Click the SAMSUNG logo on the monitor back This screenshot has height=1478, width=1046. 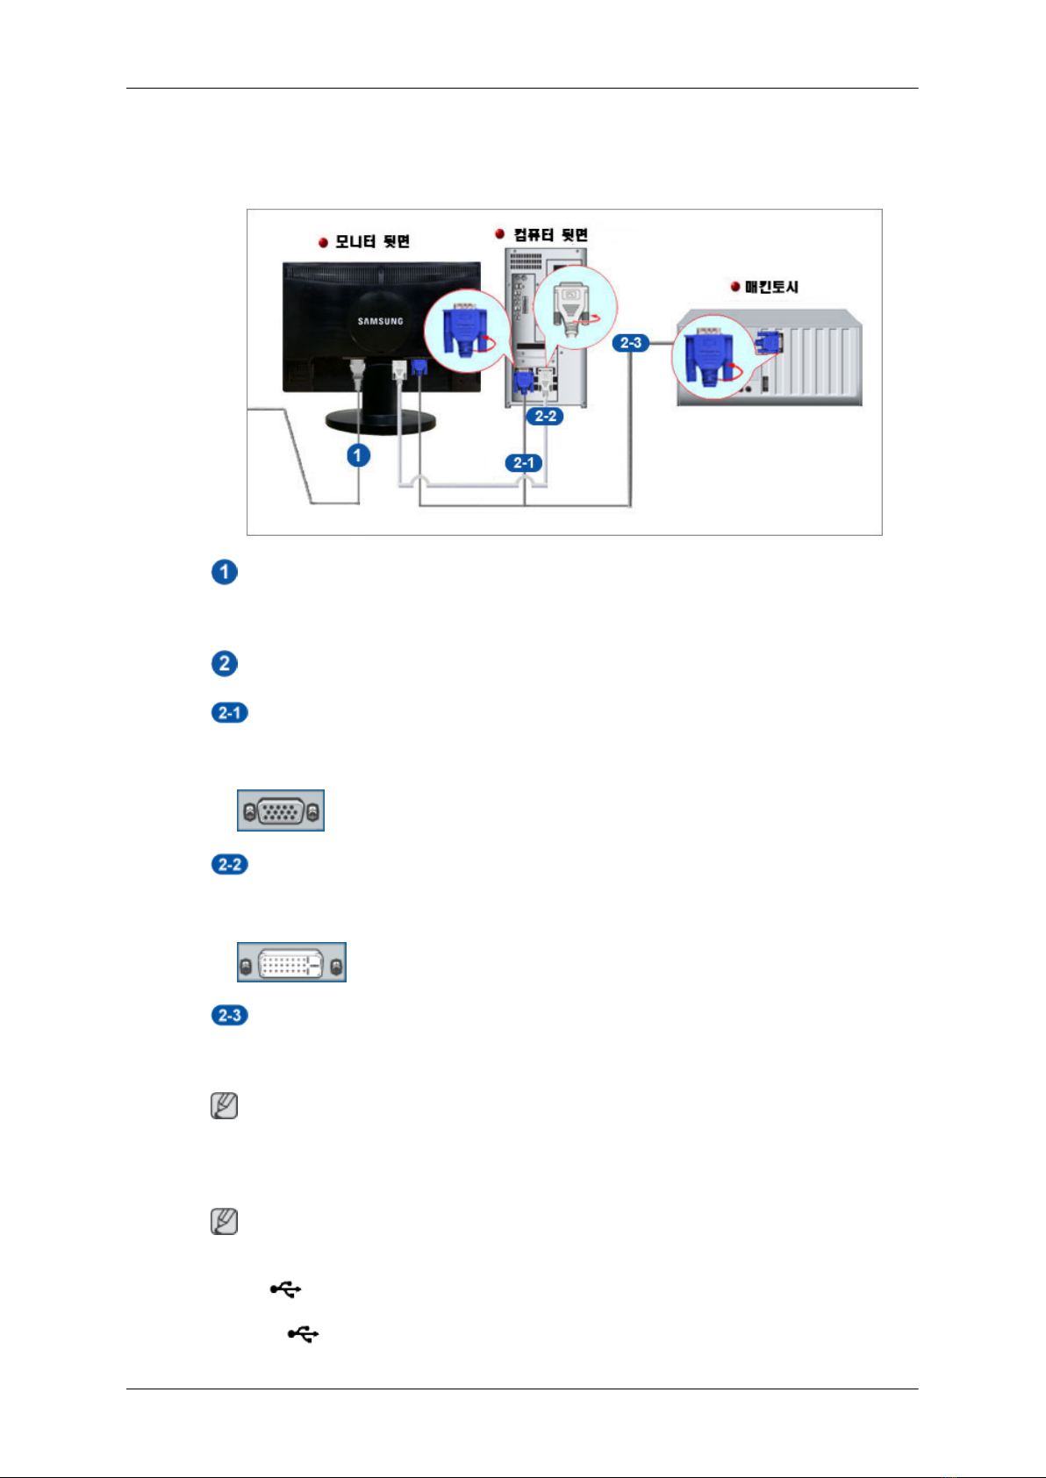coord(380,321)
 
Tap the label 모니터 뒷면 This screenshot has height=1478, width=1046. coord(372,241)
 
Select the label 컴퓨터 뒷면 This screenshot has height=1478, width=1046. coord(550,235)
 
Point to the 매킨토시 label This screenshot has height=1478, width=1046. coord(771,287)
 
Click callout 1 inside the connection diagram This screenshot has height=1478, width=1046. coord(358,455)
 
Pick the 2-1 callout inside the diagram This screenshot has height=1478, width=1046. coord(524,463)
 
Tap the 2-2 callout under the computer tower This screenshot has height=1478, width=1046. coord(545,417)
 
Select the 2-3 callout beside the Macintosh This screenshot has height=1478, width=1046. coord(631,343)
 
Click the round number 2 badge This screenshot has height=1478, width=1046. coord(225,663)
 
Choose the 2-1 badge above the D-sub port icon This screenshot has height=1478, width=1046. coord(230,712)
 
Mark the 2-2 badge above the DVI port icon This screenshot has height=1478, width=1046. coord(230,864)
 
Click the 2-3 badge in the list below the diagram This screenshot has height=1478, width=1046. coord(230,1015)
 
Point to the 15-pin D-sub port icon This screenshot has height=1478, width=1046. coord(281,810)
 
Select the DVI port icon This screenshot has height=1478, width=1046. coord(291,963)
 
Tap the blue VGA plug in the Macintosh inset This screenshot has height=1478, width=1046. coord(708,357)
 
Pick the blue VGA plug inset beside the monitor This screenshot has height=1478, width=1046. coord(465,332)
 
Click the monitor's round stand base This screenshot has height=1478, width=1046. coord(380,420)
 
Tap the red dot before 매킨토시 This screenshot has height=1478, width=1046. coord(735,287)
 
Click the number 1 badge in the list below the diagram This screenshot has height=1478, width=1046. coord(225,572)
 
